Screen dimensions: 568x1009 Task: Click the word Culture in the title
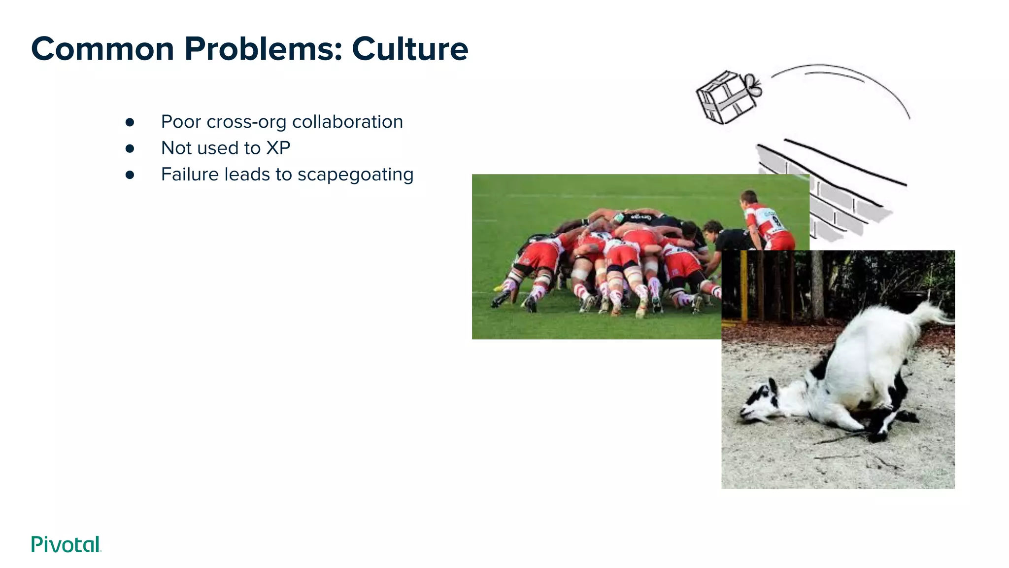tap(409, 49)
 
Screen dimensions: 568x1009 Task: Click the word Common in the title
tap(102, 49)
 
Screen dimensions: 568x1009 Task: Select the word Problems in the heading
tap(263, 49)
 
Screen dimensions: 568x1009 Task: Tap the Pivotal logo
tap(66, 544)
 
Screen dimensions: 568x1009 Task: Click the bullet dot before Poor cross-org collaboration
tap(130, 122)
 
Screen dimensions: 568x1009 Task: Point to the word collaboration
tap(347, 122)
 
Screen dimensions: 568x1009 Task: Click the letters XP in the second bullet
tap(278, 148)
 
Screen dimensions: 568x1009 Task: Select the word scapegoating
tap(355, 175)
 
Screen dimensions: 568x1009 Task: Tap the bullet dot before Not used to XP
tap(130, 148)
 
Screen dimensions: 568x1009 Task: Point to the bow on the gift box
tap(752, 85)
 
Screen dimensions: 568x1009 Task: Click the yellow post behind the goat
tap(744, 286)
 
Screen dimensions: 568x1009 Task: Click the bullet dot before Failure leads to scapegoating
tap(130, 175)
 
